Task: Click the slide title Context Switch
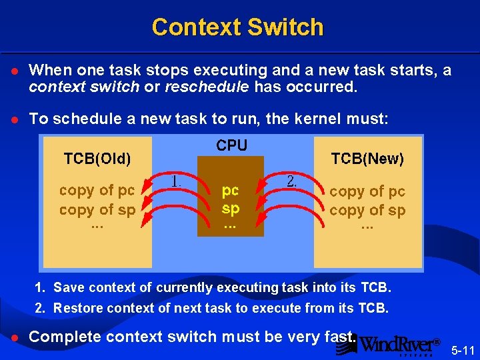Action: click(237, 27)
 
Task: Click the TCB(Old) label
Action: click(97, 159)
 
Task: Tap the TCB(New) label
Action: click(367, 159)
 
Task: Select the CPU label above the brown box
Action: click(232, 145)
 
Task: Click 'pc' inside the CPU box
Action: click(231, 190)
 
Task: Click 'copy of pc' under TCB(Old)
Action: click(97, 190)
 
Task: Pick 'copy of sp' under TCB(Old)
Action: click(97, 209)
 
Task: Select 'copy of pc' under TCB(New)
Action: click(367, 191)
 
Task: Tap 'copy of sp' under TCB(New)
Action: click(367, 211)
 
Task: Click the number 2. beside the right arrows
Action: click(291, 181)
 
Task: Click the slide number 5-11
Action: click(463, 349)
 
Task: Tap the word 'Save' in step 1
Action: click(67, 288)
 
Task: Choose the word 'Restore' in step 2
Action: click(75, 308)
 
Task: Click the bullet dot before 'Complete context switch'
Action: click(14, 337)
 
